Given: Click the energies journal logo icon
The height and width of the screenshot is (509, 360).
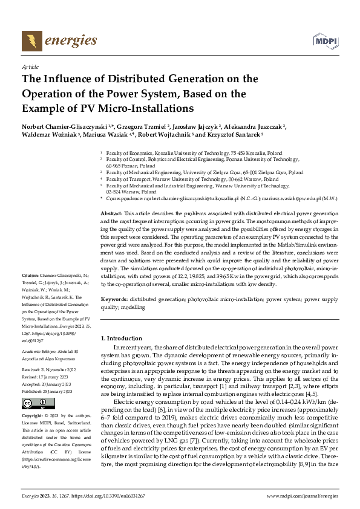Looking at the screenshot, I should pyautogui.click(x=31, y=41).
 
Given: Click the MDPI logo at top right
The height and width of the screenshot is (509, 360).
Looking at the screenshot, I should pyautogui.click(x=324, y=41).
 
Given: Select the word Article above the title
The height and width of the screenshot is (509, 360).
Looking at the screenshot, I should pyautogui.click(x=30, y=66).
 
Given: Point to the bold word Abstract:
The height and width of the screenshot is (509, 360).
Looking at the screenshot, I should pyautogui.click(x=111, y=214).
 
